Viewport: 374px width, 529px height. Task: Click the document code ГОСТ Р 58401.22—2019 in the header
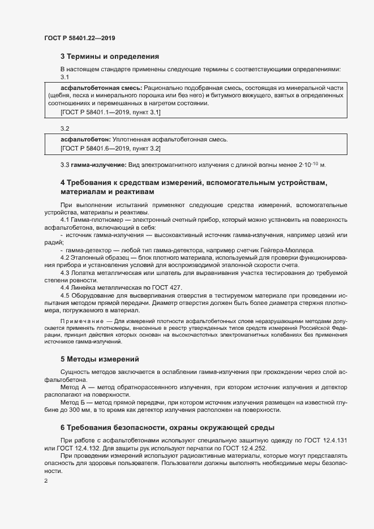(x=80, y=38)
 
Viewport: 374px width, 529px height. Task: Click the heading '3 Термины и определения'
(x=109, y=57)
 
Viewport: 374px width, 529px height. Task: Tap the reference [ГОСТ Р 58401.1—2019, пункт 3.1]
(x=110, y=113)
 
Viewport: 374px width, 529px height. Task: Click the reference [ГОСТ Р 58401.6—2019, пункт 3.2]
(x=110, y=148)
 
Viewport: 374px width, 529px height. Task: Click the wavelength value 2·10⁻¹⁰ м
(x=309, y=165)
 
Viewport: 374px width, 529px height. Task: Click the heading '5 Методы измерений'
(x=100, y=359)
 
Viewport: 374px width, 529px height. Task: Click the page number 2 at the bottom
(x=46, y=481)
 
